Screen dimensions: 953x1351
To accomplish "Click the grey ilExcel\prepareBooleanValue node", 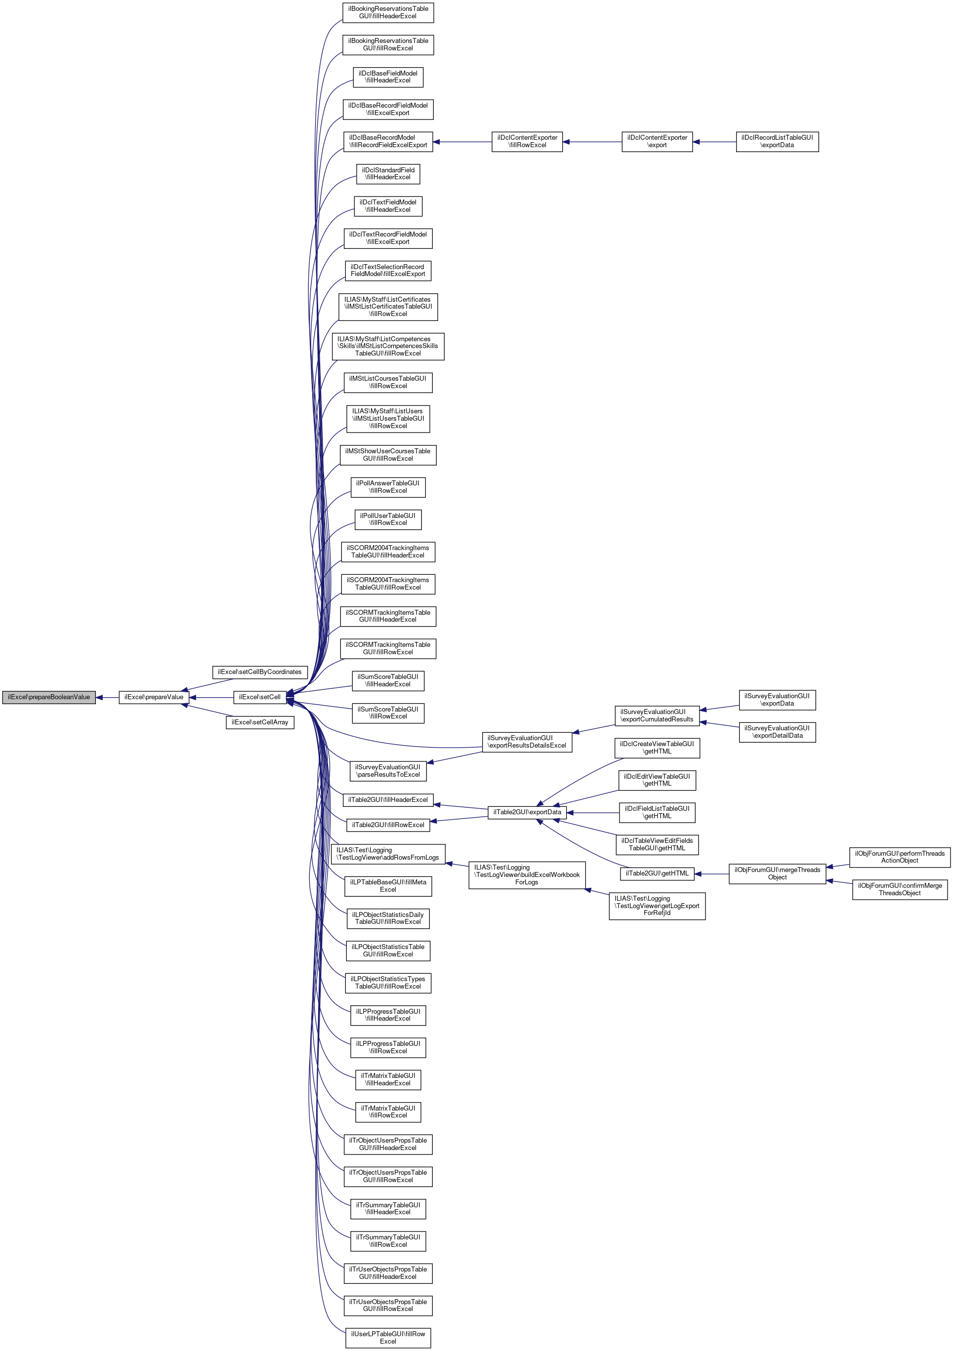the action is click(49, 697).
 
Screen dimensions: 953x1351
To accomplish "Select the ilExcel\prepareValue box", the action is click(154, 697).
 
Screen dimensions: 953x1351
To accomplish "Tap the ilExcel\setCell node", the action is click(259, 697).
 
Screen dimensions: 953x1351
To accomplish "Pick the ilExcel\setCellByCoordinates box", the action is click(259, 672).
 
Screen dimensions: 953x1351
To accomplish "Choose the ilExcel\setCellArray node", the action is click(259, 722).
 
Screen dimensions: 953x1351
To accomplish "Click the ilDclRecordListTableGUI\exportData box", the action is click(777, 141).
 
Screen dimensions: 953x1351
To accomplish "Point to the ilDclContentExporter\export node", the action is click(657, 141).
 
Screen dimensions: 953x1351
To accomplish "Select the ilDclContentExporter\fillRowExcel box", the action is click(527, 141).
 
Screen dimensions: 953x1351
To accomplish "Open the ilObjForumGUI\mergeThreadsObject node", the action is click(777, 874).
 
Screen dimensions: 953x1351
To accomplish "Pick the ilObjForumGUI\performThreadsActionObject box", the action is click(900, 857).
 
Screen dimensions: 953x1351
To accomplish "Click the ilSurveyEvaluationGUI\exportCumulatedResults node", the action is click(657, 715).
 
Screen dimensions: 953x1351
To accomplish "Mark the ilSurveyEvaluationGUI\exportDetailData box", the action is click(777, 732).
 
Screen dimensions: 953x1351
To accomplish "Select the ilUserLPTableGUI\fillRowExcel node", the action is click(388, 1338).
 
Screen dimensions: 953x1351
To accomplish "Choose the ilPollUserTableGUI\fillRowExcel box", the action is click(388, 519).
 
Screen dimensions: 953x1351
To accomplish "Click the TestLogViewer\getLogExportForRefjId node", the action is click(657, 906).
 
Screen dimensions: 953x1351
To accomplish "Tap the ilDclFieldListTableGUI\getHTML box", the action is click(657, 813).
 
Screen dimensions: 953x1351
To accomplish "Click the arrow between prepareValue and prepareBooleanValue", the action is click(107, 697).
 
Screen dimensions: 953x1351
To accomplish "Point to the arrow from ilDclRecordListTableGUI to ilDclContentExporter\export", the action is click(714, 142).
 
